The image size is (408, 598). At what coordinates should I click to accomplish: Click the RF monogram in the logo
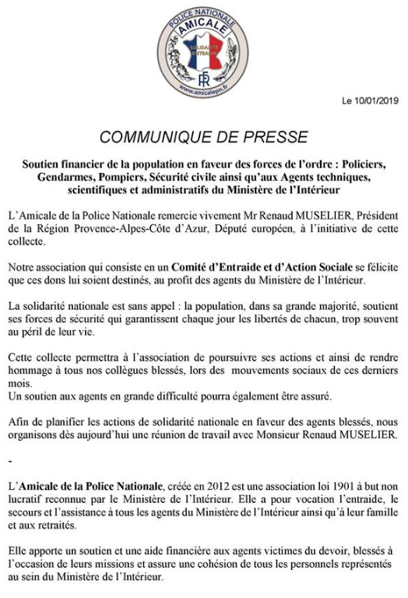point(204,78)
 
